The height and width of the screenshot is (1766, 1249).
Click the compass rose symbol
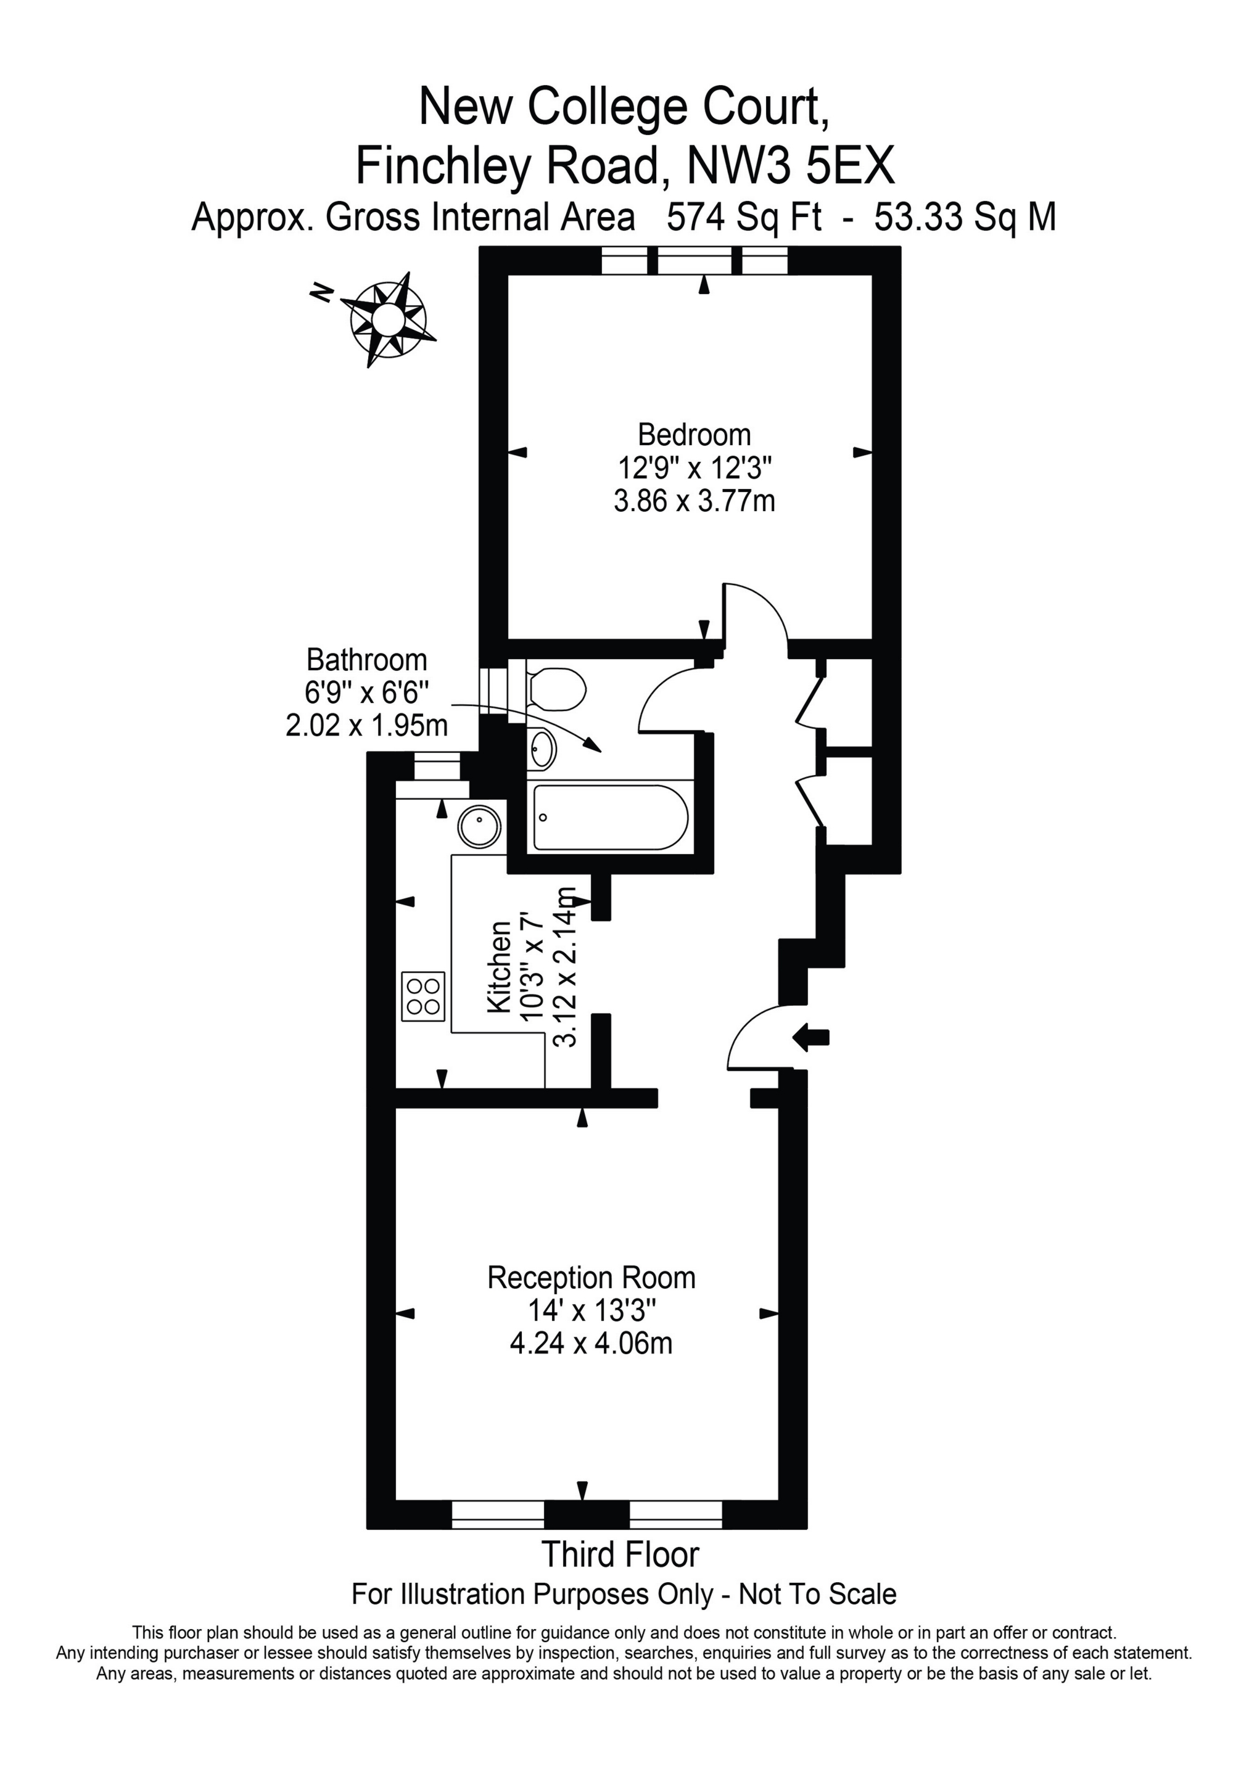(388, 317)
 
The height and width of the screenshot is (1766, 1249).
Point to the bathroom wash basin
(542, 749)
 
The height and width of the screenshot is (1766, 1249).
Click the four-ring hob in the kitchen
(423, 996)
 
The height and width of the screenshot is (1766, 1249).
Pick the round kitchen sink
(479, 827)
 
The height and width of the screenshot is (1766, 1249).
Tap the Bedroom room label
(694, 435)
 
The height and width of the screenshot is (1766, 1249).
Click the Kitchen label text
(500, 966)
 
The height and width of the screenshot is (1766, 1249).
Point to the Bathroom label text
(366, 660)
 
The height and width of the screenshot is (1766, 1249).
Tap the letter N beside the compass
(322, 292)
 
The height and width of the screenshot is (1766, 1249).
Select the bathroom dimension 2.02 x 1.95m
(366, 725)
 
